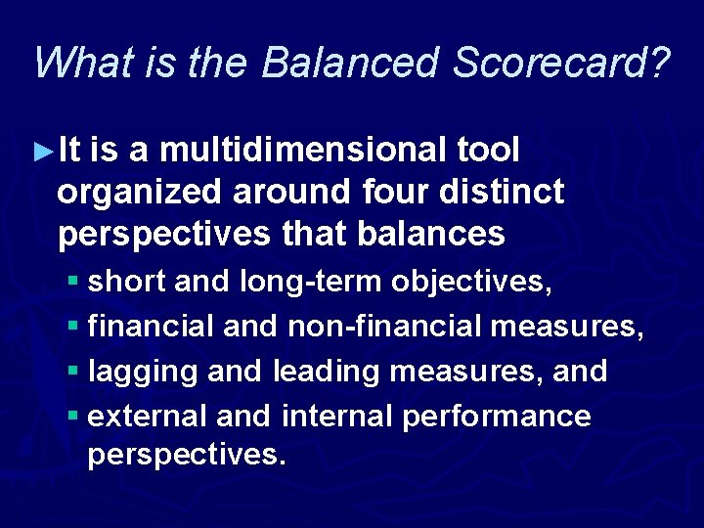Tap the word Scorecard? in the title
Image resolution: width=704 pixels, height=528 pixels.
(564, 63)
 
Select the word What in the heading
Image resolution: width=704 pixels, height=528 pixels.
(79, 63)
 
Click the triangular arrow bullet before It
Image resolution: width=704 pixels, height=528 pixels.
(41, 152)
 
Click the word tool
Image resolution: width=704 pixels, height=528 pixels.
(489, 151)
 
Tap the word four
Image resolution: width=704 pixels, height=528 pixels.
(389, 193)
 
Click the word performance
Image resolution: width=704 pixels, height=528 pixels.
(497, 417)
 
